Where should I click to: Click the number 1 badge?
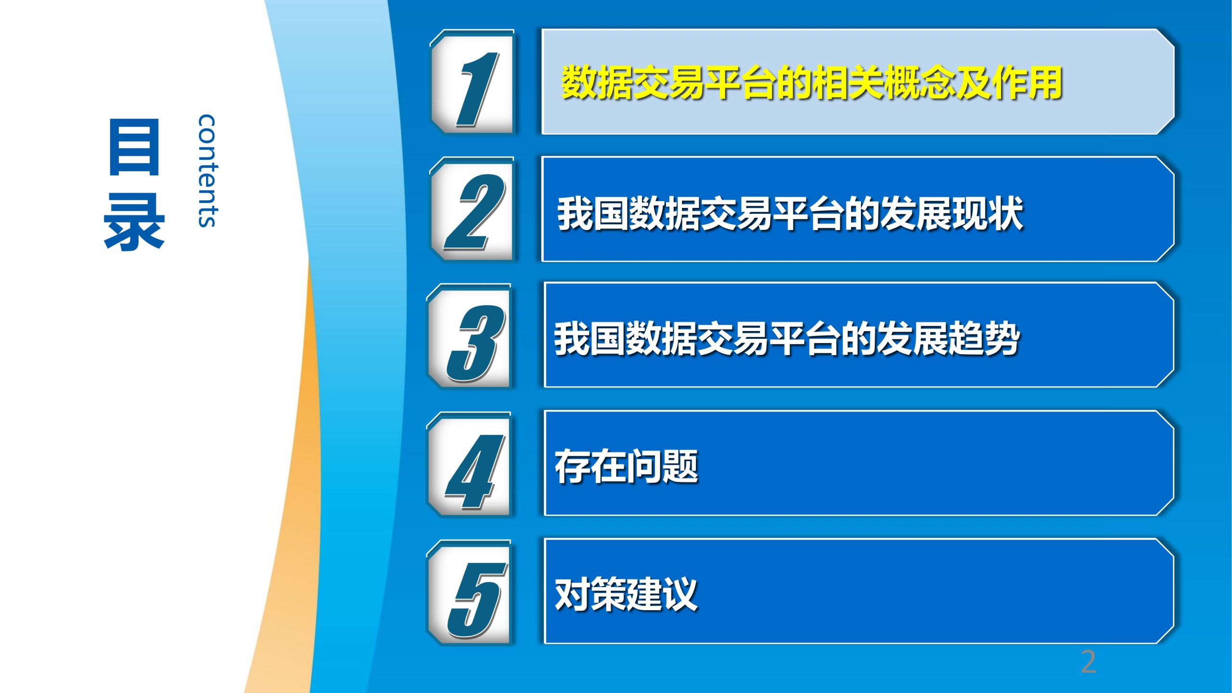point(472,82)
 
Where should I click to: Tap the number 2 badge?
point(472,209)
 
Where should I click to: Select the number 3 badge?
point(469,336)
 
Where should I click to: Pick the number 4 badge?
point(469,464)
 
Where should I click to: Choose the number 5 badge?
point(469,592)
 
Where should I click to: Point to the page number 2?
point(1089,662)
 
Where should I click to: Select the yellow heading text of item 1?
point(811,82)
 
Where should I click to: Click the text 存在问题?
point(626,466)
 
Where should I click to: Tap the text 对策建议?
point(626,594)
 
